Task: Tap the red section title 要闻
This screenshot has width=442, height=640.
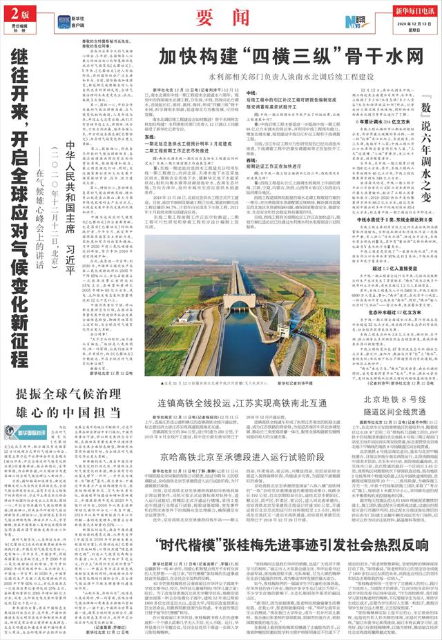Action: [220, 16]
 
